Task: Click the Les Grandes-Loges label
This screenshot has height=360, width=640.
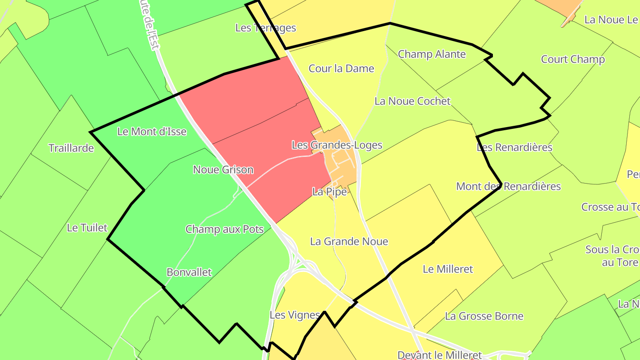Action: pos(337,145)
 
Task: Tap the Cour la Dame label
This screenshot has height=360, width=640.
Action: pos(341,68)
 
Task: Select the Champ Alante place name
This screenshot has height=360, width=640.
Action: pos(432,54)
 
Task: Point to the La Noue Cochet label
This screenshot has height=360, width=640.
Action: pos(412,101)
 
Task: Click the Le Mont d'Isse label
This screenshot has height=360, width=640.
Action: pos(152,132)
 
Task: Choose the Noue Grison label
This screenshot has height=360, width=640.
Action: pos(223,169)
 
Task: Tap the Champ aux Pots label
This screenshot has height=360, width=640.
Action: pos(224,229)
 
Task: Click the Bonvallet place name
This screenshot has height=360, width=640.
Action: pos(189,272)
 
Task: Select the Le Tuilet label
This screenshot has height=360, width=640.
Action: pos(87,228)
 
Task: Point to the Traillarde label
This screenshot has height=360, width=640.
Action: pos(71,148)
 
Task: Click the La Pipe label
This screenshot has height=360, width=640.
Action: pos(329,192)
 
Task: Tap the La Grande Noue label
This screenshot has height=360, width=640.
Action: pos(349,241)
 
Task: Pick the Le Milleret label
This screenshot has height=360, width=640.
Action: pos(448,269)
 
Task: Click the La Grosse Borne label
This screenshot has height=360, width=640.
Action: pos(484,316)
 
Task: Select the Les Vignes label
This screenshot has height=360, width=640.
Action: pos(295,315)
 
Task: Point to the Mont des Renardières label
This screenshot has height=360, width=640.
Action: pos(508,186)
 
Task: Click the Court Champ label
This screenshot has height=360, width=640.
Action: pos(572,60)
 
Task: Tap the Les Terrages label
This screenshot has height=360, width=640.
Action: pos(265,28)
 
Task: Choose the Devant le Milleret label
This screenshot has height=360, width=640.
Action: pos(439,355)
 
